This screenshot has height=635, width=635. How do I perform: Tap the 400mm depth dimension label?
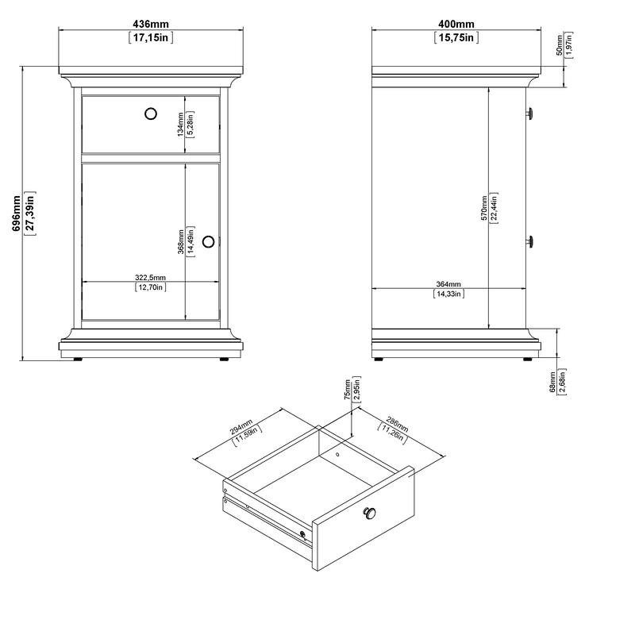(x=455, y=25)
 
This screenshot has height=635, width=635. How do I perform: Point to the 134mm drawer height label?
(x=181, y=124)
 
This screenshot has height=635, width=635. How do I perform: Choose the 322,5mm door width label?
(x=150, y=277)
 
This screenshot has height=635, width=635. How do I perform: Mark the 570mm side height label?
(x=484, y=208)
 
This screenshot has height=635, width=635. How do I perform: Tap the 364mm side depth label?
(x=448, y=284)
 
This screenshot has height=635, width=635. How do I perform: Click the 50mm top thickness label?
(x=560, y=45)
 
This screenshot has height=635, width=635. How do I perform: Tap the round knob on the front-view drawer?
(x=150, y=114)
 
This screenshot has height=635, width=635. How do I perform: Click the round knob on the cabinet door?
(x=209, y=241)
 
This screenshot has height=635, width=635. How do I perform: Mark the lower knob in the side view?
(x=529, y=241)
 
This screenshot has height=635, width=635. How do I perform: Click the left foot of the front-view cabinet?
(x=77, y=359)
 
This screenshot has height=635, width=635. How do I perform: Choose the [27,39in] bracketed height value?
(x=29, y=214)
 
